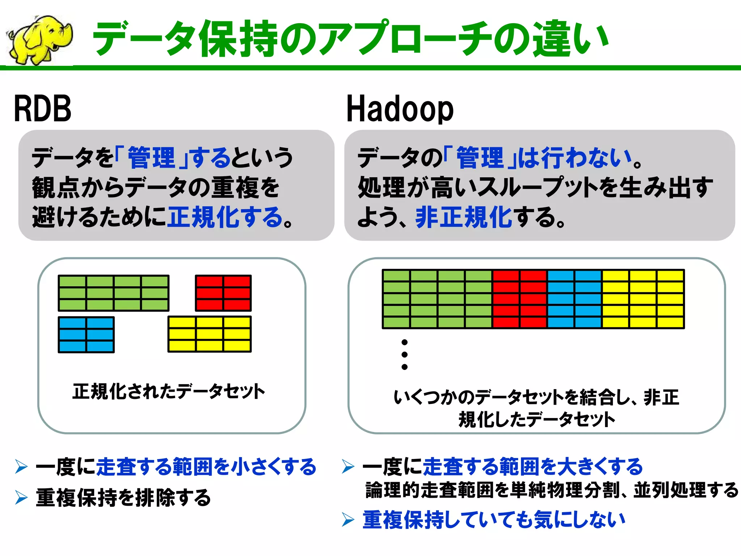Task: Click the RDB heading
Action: [x=42, y=109]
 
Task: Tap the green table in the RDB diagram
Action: [x=113, y=293]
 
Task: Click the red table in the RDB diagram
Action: [x=223, y=293]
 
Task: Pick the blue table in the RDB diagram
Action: [x=86, y=335]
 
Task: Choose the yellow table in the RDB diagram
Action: [x=209, y=334]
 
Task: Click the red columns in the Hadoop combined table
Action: [x=520, y=299]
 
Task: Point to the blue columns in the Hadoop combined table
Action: [x=575, y=299]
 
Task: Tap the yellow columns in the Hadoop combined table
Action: [x=643, y=299]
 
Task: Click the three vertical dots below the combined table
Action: [x=405, y=354]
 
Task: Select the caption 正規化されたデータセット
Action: [x=169, y=392]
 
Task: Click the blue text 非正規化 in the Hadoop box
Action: [x=463, y=217]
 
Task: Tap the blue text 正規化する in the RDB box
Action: [x=225, y=217]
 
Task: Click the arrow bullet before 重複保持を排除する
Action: [x=21, y=497]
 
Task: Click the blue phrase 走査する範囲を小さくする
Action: [x=206, y=467]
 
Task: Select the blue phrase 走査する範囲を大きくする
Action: [x=533, y=467]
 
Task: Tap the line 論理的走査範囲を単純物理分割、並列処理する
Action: [x=552, y=490]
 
